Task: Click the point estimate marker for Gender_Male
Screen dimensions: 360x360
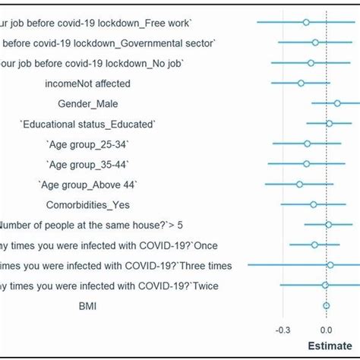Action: (337, 103)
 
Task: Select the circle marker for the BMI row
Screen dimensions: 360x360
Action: (327, 306)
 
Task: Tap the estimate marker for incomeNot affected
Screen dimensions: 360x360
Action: (301, 83)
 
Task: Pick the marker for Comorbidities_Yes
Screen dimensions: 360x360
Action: (313, 204)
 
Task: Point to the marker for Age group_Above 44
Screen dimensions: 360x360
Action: (299, 184)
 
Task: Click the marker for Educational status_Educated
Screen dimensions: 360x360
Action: (329, 123)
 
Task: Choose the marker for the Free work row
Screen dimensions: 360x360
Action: (306, 22)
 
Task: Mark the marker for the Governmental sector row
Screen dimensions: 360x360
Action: (315, 43)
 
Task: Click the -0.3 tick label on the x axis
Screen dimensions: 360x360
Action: (283, 330)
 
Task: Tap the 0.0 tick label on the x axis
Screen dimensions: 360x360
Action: (327, 330)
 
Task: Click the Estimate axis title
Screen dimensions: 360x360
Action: (334, 346)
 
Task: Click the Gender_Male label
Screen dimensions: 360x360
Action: (92, 103)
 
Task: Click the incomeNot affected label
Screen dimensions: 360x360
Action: (87, 83)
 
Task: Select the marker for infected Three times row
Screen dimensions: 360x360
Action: (330, 265)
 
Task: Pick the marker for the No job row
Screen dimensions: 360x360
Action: (311, 62)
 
